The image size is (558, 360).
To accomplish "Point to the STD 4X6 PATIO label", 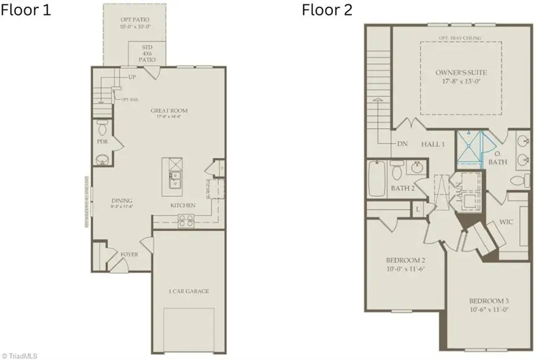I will (x=147, y=53).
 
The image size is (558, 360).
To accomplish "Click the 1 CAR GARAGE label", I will (x=188, y=291).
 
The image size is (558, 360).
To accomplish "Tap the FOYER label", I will (x=130, y=254).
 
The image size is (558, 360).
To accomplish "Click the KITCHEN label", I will (x=183, y=205).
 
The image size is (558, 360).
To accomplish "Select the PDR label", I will (x=102, y=141).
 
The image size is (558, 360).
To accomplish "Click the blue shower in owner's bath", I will (x=472, y=148).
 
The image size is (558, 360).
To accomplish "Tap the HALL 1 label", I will (x=433, y=144).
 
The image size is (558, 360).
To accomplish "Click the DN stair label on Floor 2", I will (x=402, y=144).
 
